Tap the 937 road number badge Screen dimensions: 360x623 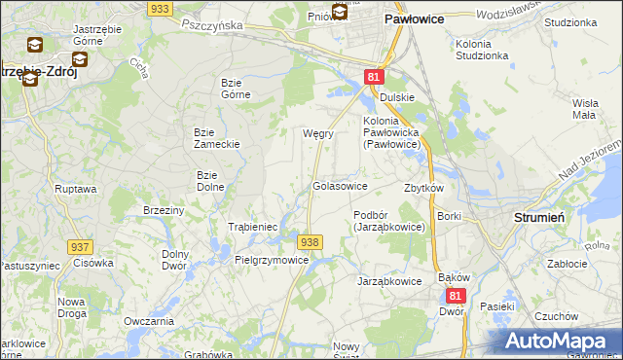81,248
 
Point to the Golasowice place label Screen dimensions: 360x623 339,185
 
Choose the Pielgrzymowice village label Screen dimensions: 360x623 272,260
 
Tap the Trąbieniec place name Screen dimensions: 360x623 253,227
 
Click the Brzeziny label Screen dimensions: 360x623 164,210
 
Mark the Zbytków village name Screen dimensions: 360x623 423,188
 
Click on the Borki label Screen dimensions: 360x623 449,216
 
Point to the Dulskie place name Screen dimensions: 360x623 397,97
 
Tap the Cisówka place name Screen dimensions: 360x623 93,262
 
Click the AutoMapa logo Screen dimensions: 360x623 562,341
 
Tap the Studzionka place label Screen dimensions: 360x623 571,21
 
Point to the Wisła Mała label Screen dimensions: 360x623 584,108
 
